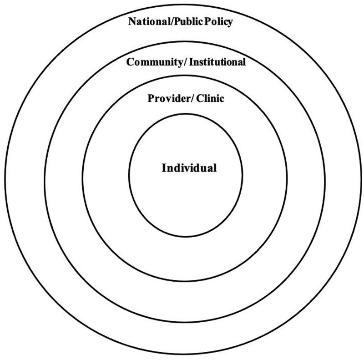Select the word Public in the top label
pyautogui.click(x=188, y=22)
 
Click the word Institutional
pyautogui.click(x=217, y=62)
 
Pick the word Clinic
pyautogui.click(x=210, y=98)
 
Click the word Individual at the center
pyautogui.click(x=189, y=168)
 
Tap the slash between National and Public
pyautogui.click(x=171, y=22)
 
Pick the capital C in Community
pyautogui.click(x=129, y=62)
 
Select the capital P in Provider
pyautogui.click(x=151, y=98)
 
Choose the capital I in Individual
pyautogui.click(x=164, y=168)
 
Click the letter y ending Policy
pyautogui.click(x=230, y=23)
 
